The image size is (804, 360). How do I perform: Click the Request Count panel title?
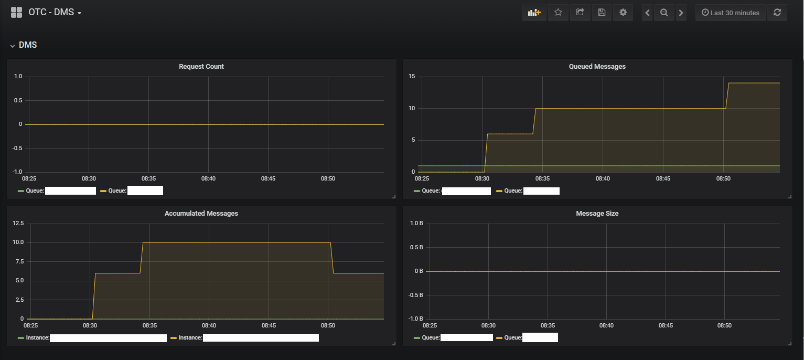pyautogui.click(x=201, y=67)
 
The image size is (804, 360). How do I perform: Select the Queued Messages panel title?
pyautogui.click(x=597, y=67)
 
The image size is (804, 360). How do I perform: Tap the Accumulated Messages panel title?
pyautogui.click(x=201, y=214)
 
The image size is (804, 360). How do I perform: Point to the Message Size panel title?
pyautogui.click(x=597, y=214)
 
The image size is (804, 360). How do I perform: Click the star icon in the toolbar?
pyautogui.click(x=558, y=13)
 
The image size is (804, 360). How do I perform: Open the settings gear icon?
pyautogui.click(x=623, y=13)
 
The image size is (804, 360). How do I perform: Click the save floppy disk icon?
pyautogui.click(x=602, y=13)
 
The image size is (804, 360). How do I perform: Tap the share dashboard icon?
pyautogui.click(x=580, y=13)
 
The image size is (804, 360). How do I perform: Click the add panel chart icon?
pyautogui.click(x=534, y=13)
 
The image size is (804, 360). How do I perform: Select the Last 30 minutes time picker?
pyautogui.click(x=731, y=13)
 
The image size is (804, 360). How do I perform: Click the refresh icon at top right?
pyautogui.click(x=777, y=13)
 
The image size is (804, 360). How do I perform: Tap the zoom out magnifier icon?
pyautogui.click(x=664, y=13)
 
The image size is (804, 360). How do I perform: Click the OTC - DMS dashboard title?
pyautogui.click(x=51, y=13)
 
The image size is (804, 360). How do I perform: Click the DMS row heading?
pyautogui.click(x=28, y=45)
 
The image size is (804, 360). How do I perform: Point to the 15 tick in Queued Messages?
pyautogui.click(x=412, y=77)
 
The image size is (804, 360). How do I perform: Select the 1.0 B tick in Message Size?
pyautogui.click(x=416, y=224)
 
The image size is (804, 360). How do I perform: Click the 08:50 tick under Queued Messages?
pyautogui.click(x=723, y=179)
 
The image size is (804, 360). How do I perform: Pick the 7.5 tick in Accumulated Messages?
pyautogui.click(x=19, y=261)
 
